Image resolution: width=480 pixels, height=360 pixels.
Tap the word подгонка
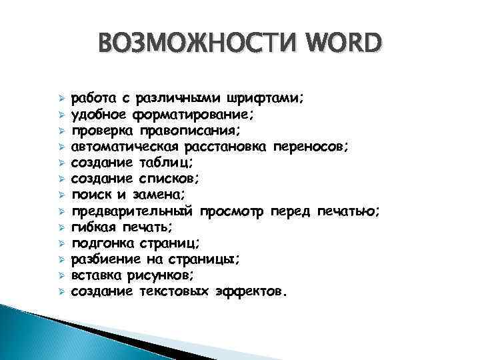(100, 243)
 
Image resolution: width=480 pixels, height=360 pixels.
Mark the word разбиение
(103, 259)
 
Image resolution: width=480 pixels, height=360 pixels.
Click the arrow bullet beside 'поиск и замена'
(61, 195)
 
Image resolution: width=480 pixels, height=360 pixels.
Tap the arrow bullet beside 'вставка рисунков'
(61, 275)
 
